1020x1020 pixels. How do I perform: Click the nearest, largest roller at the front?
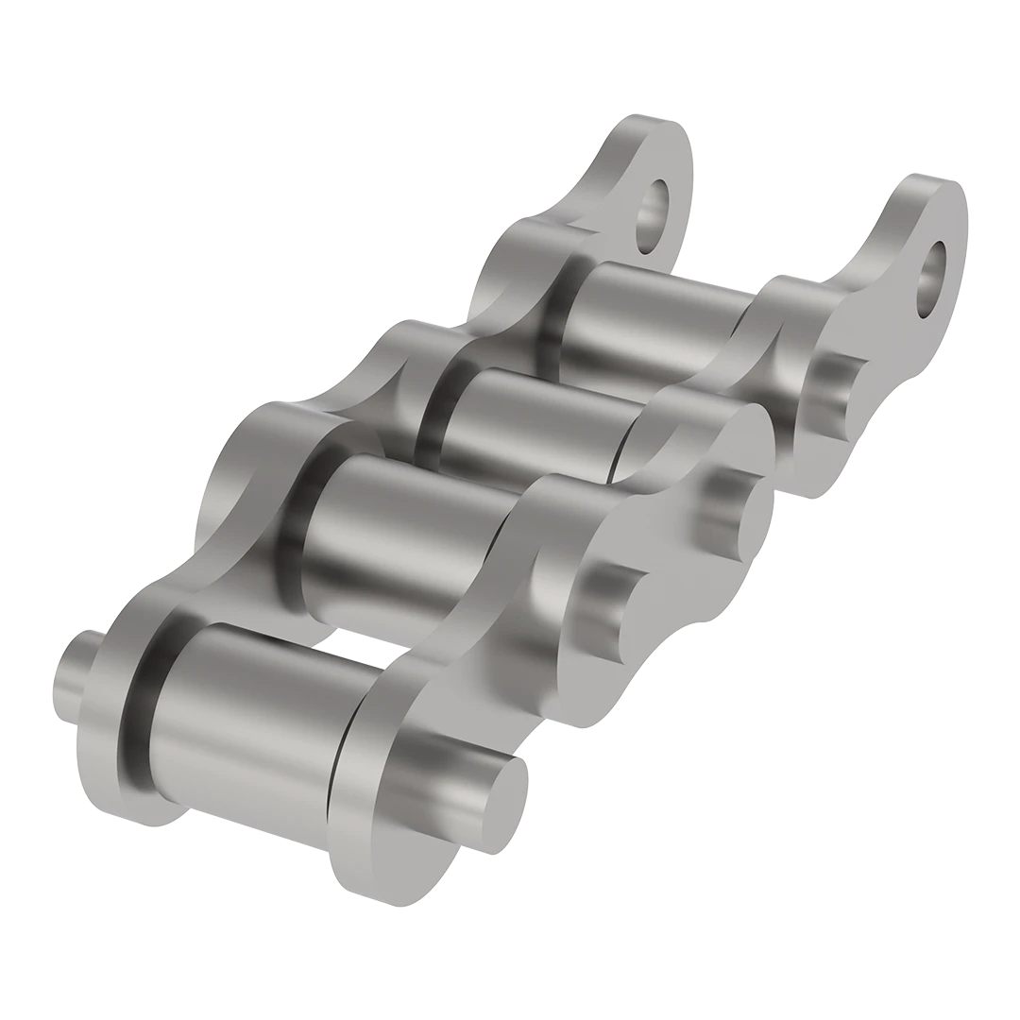(246, 708)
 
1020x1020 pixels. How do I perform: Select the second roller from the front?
(397, 538)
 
